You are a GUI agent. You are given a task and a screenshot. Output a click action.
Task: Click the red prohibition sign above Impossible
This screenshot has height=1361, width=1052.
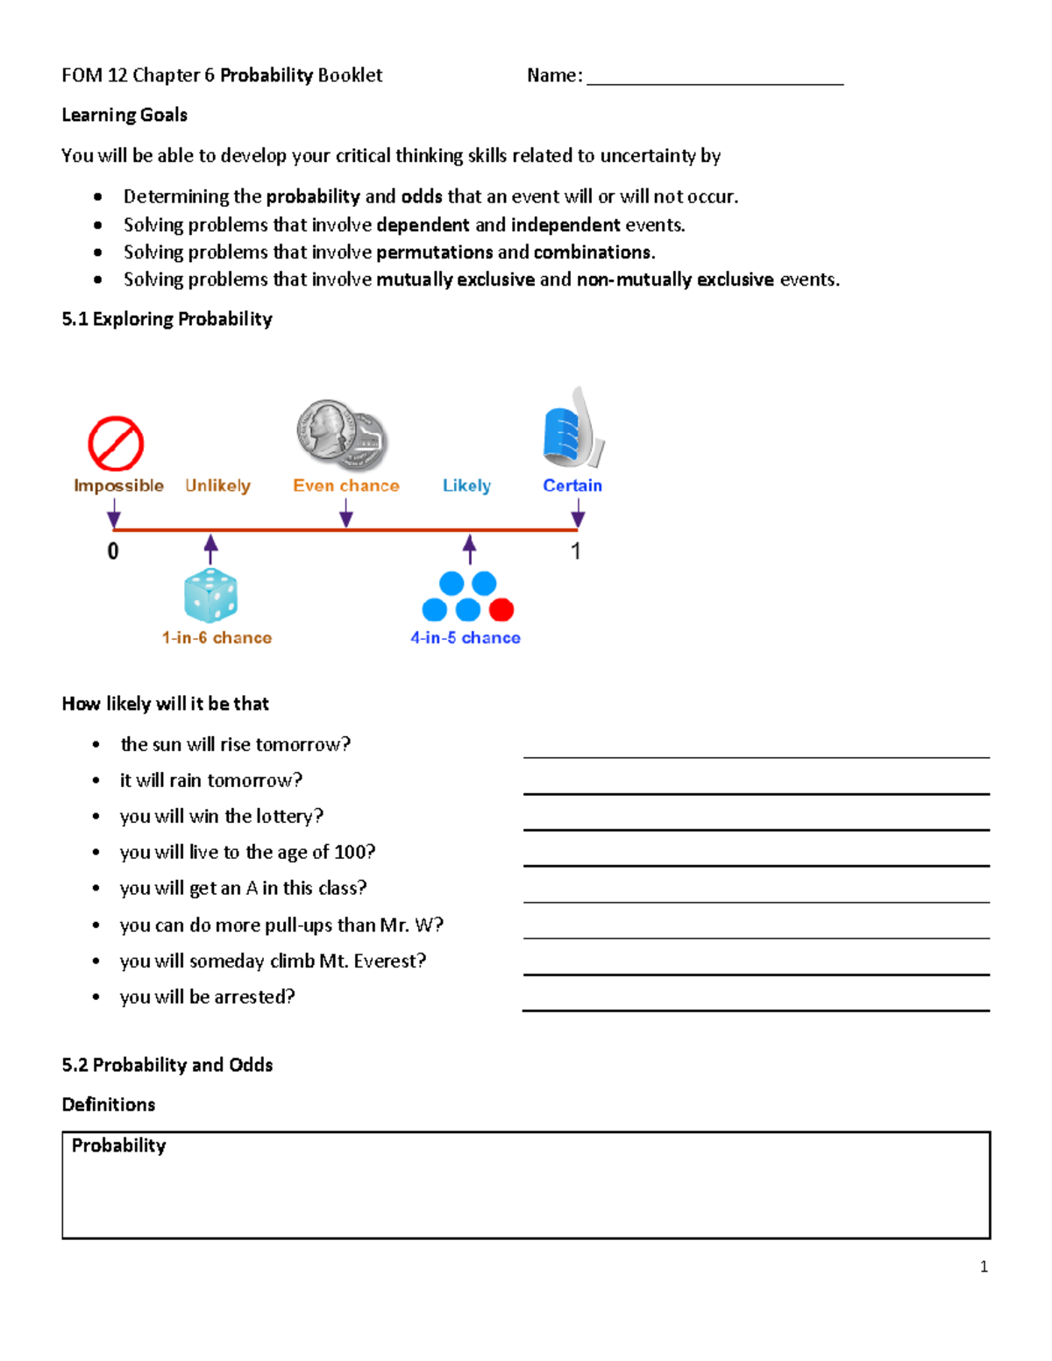pyautogui.click(x=116, y=443)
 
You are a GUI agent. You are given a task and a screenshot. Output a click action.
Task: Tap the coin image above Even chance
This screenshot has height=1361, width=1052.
pyautogui.click(x=342, y=436)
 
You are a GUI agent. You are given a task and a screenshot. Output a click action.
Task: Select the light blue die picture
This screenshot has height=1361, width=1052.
pyautogui.click(x=210, y=595)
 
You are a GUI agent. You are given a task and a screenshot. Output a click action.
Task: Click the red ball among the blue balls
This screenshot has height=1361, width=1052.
pyautogui.click(x=501, y=609)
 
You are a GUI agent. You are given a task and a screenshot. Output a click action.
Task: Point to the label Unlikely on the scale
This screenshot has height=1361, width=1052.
pyautogui.click(x=217, y=486)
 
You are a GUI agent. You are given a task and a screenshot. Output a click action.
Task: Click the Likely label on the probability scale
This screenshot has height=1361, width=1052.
pyautogui.click(x=466, y=486)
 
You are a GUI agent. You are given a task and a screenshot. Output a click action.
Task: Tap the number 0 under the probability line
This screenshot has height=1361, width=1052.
pyautogui.click(x=113, y=551)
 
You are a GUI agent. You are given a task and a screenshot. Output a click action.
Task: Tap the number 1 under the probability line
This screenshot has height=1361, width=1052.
pyautogui.click(x=576, y=551)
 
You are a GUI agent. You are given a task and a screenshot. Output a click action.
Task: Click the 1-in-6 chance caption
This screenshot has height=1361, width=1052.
pyautogui.click(x=217, y=638)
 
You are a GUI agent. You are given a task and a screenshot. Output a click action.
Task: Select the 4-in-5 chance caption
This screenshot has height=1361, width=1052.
pyautogui.click(x=466, y=638)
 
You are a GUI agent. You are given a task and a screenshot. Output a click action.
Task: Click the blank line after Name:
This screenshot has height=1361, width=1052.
pyautogui.click(x=714, y=82)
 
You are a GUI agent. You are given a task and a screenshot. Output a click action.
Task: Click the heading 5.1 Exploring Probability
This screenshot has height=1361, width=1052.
pyautogui.click(x=167, y=319)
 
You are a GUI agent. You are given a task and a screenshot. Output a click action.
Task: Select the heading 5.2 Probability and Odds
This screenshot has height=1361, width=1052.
pyautogui.click(x=167, y=1065)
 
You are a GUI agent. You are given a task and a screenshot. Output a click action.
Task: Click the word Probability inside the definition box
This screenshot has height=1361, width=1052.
pyautogui.click(x=118, y=1145)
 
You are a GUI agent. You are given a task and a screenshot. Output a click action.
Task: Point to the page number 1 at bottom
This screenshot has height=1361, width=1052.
pyautogui.click(x=984, y=1266)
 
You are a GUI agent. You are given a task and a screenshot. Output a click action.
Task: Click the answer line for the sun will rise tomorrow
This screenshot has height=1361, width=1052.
pyautogui.click(x=756, y=755)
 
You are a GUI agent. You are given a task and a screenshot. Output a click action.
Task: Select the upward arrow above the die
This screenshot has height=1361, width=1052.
pyautogui.click(x=210, y=549)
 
